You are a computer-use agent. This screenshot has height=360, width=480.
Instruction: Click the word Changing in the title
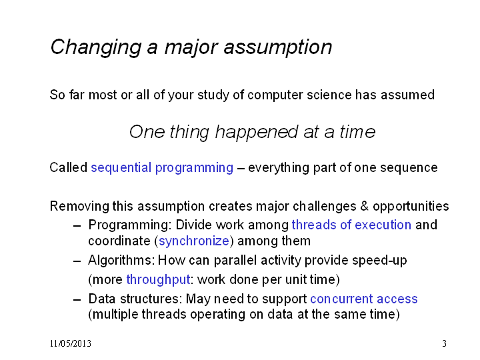[96, 47]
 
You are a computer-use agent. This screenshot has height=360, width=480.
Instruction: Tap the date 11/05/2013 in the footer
[71, 343]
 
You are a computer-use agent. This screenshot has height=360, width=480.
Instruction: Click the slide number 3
[444, 343]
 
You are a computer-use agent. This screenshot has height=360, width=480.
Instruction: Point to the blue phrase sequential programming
[162, 168]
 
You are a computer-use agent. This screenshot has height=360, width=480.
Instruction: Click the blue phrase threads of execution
[351, 225]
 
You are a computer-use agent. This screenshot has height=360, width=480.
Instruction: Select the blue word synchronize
[194, 241]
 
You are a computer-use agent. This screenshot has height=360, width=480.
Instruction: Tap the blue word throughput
[158, 280]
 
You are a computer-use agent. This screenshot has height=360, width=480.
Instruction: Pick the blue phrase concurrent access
[364, 299]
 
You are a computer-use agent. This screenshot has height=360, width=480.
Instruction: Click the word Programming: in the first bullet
[130, 225]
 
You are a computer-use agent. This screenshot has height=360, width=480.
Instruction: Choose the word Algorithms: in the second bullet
[121, 261]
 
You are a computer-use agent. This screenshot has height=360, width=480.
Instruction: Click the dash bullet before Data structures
[77, 299]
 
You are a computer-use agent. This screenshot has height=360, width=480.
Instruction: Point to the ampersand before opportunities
[364, 206]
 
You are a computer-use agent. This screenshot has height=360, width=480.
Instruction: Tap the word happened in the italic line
[257, 133]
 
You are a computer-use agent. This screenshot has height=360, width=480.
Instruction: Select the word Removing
[79, 206]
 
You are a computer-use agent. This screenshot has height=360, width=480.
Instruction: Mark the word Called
[69, 168]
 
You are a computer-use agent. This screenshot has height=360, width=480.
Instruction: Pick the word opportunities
[411, 207]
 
